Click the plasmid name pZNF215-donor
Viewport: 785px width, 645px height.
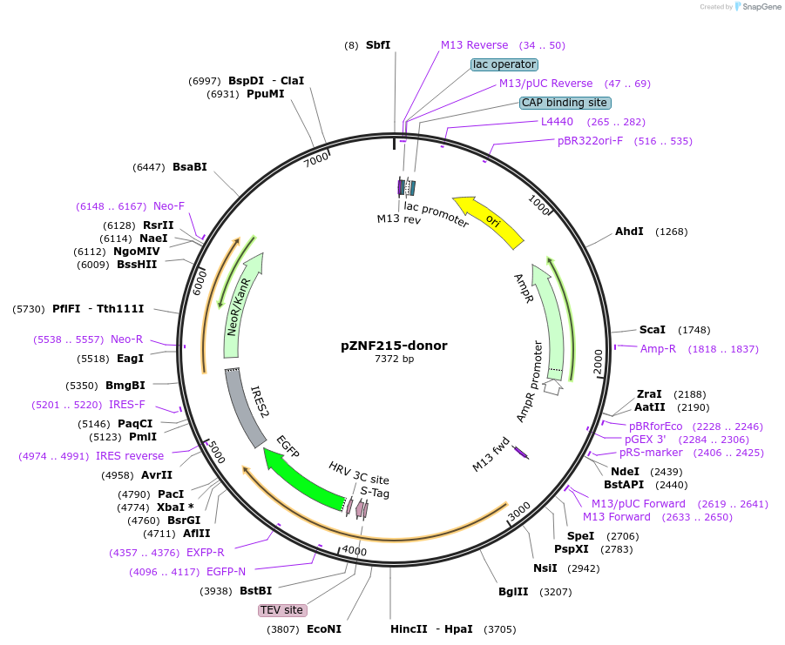pyautogui.click(x=394, y=346)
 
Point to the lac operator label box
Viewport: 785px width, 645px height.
pyautogui.click(x=504, y=64)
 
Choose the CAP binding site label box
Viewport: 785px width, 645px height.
pyautogui.click(x=564, y=103)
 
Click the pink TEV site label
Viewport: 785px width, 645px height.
pyautogui.click(x=281, y=610)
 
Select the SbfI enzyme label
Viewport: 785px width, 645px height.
pyautogui.click(x=378, y=45)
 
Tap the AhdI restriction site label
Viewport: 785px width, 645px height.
pyautogui.click(x=629, y=232)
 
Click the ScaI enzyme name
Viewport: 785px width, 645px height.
pyautogui.click(x=652, y=330)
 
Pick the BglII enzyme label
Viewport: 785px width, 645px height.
pyautogui.click(x=513, y=592)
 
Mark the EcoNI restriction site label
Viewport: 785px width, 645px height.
pyautogui.click(x=324, y=628)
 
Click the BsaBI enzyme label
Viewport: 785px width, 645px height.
pyautogui.click(x=189, y=167)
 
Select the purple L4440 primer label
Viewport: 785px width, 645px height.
pyautogui.click(x=557, y=122)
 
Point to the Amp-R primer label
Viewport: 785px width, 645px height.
pyautogui.click(x=658, y=349)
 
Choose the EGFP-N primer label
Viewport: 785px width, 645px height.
pyautogui.click(x=226, y=572)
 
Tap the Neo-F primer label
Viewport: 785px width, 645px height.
pyautogui.click(x=169, y=206)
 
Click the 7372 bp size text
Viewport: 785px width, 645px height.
pyautogui.click(x=394, y=359)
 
